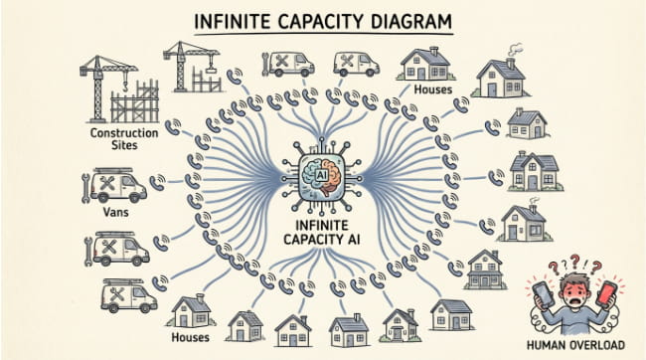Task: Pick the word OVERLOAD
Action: point(599,345)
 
